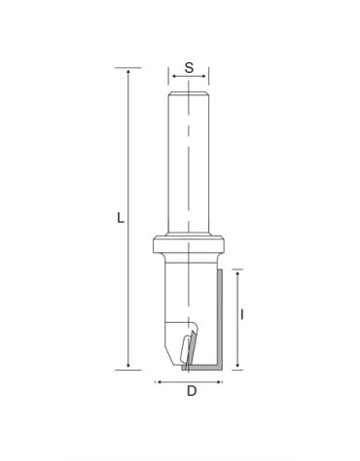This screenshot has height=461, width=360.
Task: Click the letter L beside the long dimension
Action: pyautogui.click(x=120, y=219)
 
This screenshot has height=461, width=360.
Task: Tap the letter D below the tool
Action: pyautogui.click(x=191, y=393)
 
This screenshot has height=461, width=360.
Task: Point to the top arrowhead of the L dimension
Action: pyautogui.click(x=128, y=71)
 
